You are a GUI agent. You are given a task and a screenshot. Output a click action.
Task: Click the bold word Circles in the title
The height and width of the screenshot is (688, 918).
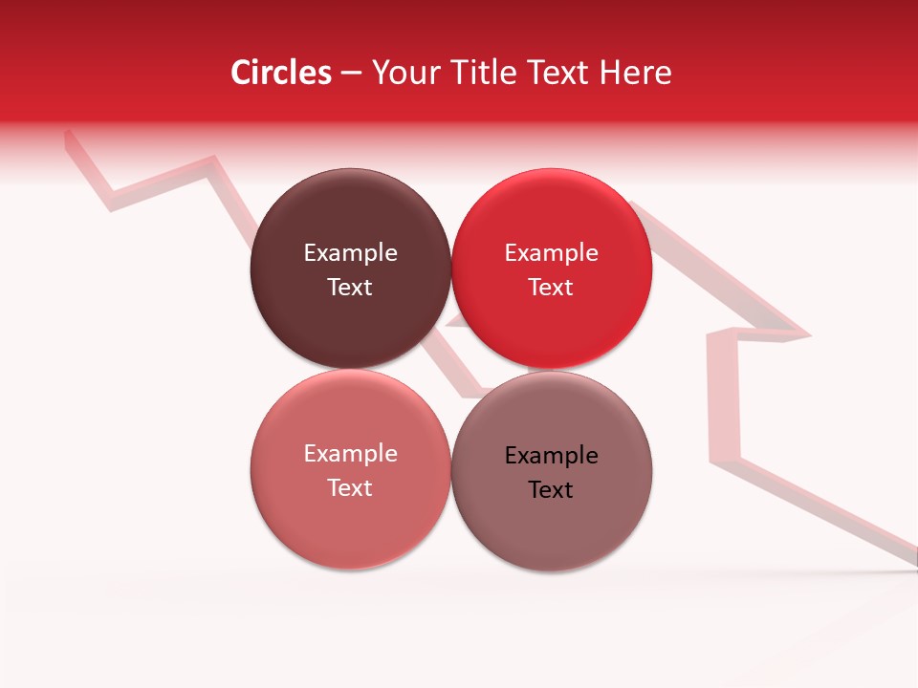click(x=281, y=73)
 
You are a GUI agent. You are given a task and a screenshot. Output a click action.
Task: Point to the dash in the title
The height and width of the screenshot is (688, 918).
click(x=352, y=74)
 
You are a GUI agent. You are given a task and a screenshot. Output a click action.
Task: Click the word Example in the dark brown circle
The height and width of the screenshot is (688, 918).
click(x=350, y=253)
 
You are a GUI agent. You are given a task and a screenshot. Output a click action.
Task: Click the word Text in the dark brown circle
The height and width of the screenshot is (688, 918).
click(x=350, y=288)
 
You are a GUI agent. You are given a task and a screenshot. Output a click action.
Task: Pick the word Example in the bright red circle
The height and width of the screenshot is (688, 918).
click(x=551, y=253)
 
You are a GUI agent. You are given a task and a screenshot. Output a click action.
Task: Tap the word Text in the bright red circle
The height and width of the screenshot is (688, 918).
click(x=551, y=288)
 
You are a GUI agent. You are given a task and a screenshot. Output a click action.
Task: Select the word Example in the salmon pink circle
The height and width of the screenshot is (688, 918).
click(x=350, y=454)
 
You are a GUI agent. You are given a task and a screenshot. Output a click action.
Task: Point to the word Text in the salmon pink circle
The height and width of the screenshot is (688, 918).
click(x=350, y=488)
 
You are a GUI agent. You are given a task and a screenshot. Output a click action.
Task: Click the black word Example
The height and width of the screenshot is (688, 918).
click(x=551, y=456)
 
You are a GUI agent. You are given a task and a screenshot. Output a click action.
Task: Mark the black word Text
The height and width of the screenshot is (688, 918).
click(x=551, y=490)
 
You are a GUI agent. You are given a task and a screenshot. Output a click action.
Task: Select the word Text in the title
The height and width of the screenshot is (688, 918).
click(x=557, y=73)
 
